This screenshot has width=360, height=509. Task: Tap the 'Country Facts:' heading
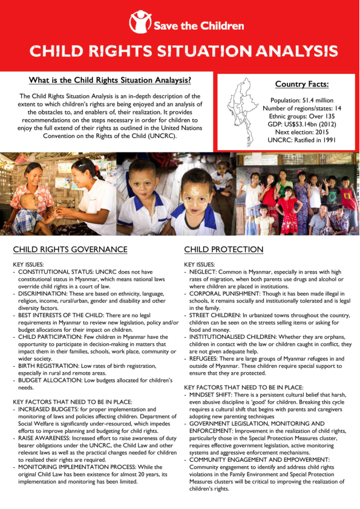[x=293, y=84]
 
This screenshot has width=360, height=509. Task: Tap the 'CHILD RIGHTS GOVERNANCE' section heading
[x=70, y=249]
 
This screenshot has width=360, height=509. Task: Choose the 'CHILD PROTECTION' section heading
[x=224, y=249]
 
